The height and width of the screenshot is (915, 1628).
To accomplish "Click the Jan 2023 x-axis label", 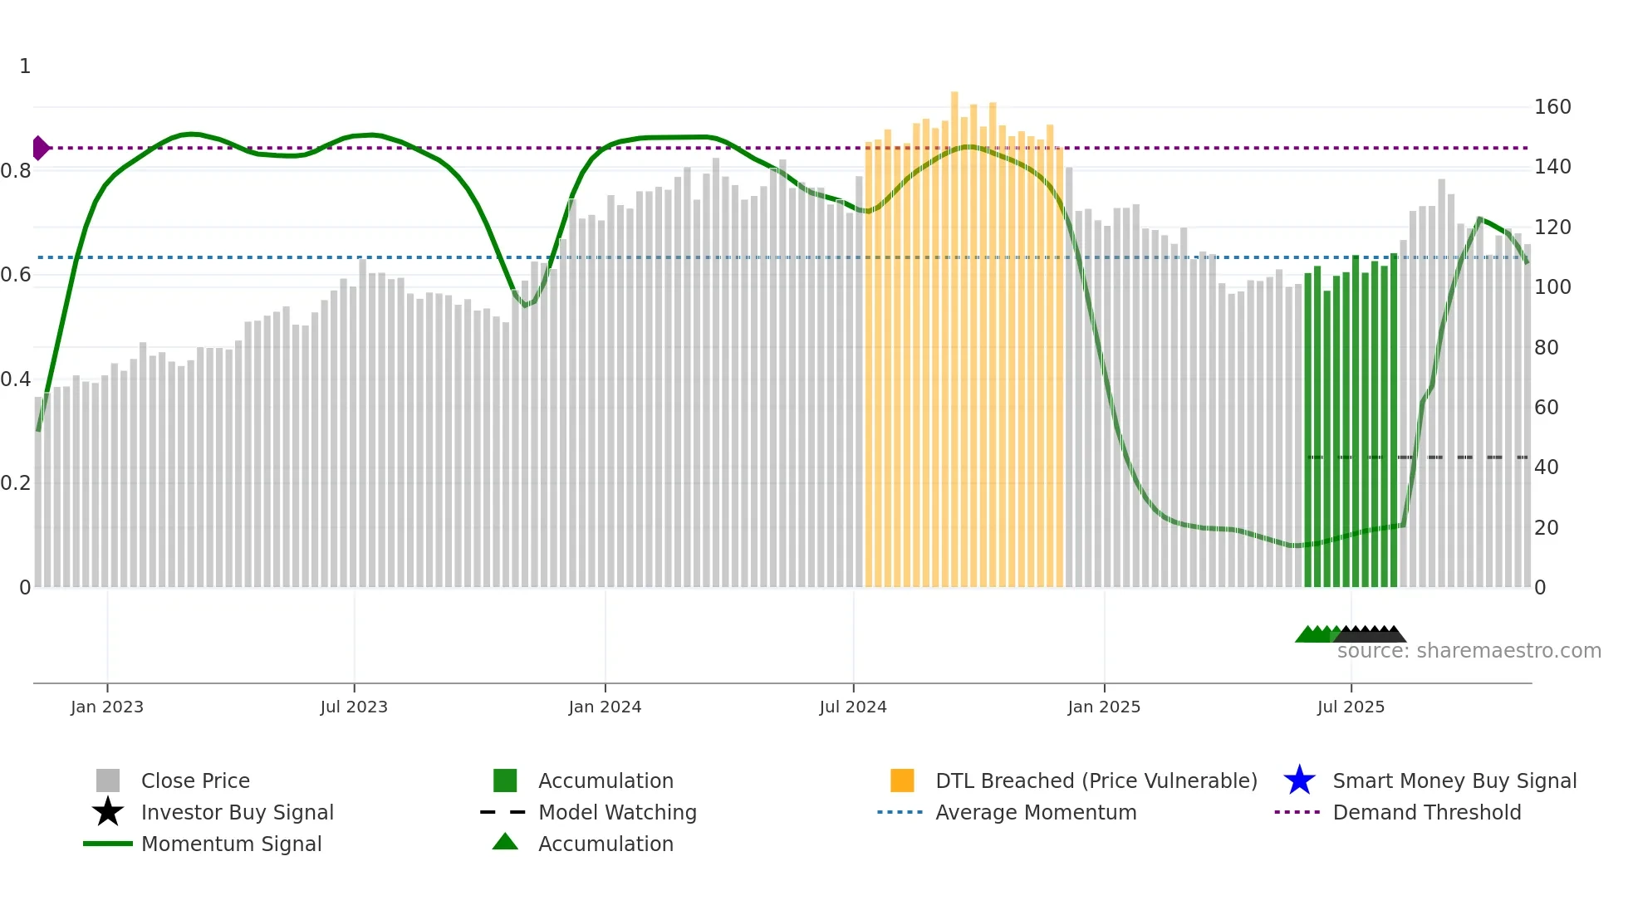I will tap(107, 707).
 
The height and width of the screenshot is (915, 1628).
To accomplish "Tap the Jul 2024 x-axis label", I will tap(853, 707).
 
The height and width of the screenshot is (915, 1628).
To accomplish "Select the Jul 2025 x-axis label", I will tap(1351, 707).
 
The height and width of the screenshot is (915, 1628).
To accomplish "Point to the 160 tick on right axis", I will tap(1552, 107).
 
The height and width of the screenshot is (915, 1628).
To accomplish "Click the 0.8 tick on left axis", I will tap(16, 171).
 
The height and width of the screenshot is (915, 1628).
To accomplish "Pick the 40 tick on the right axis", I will tap(1546, 467).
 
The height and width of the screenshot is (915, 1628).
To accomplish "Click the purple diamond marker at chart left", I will tap(40, 148).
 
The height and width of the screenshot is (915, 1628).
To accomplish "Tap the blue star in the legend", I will tap(1299, 780).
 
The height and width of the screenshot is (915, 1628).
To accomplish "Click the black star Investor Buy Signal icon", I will tap(108, 812).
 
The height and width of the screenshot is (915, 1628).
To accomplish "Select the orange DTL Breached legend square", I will tap(902, 780).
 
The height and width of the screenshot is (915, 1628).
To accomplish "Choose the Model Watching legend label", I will tap(617, 812).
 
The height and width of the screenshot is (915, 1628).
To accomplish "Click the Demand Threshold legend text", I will tap(1426, 812).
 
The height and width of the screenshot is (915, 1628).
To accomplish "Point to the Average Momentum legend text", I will tap(1035, 812).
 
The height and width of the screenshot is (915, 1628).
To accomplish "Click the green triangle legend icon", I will tap(505, 842).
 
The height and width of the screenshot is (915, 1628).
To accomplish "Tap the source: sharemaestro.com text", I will tap(1469, 651).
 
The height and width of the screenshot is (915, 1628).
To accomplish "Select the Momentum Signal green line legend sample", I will tap(108, 844).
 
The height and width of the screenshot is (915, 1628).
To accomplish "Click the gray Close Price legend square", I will tap(108, 780).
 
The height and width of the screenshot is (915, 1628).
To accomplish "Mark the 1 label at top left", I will tap(25, 66).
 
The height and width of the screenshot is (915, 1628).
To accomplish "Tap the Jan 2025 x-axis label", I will tap(1103, 707).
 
